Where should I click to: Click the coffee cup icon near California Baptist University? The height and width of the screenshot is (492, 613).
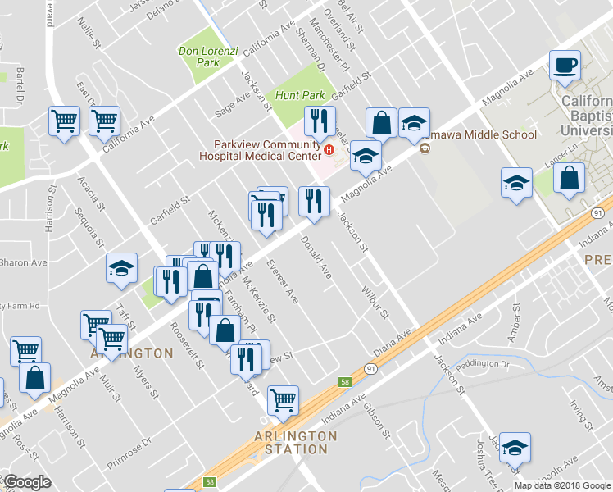coord(565,65)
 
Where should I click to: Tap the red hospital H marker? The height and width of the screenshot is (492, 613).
coord(329,150)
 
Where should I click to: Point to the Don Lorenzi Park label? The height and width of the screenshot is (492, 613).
coord(208,57)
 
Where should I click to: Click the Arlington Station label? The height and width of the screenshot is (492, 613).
coord(296,442)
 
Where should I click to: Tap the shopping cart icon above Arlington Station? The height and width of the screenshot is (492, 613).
coord(283,400)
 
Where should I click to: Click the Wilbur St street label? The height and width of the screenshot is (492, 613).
coord(374,303)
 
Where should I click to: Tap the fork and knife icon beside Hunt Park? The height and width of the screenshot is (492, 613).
coord(319,121)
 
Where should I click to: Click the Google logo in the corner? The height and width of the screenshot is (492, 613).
coord(28,483)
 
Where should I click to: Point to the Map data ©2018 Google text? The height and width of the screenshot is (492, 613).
coord(562,485)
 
